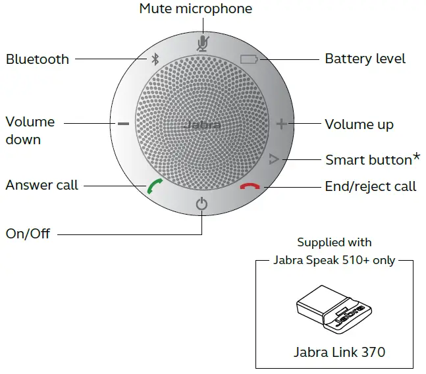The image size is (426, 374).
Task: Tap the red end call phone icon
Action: point(250,186)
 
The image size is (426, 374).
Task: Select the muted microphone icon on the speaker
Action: point(202,42)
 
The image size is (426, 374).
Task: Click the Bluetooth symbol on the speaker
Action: point(155,59)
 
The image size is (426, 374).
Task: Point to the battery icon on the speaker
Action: point(250,59)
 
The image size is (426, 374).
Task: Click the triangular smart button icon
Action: point(275,159)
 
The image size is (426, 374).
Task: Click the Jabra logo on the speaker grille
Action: point(201,124)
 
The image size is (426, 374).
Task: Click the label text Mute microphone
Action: point(196,9)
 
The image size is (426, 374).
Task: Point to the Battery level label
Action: point(365,59)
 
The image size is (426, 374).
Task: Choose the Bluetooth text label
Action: point(38,59)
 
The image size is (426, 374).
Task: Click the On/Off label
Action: point(28,233)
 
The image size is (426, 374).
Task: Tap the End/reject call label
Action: point(370,186)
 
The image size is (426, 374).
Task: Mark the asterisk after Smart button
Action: point(416,157)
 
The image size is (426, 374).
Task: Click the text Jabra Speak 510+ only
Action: point(334,260)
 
